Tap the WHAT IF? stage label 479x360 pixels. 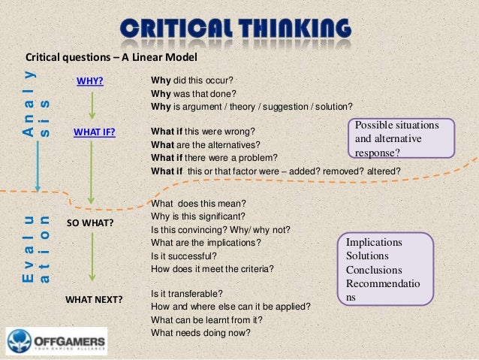[93, 133]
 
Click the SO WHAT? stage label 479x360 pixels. [89, 224]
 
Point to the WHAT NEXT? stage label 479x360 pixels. [94, 299]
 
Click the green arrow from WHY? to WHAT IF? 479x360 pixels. [91, 107]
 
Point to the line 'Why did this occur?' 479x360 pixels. [192, 80]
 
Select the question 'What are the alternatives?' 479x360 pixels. [205, 144]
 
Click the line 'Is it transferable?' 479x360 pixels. [187, 292]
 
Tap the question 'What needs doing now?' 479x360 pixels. [200, 333]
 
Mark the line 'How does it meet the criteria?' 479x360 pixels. [212, 268]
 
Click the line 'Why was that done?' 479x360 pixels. [193, 93]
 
